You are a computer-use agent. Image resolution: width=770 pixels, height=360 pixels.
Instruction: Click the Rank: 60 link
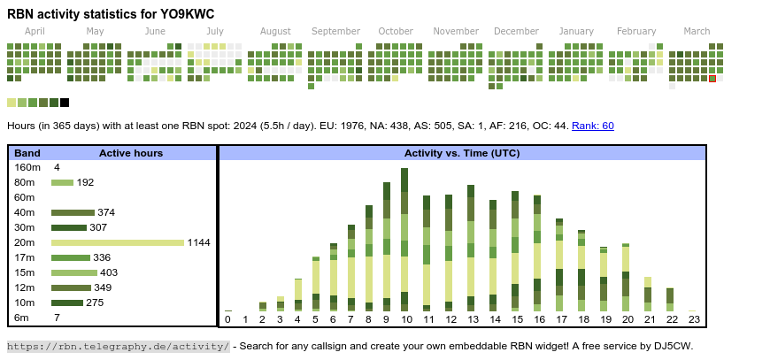pos(593,126)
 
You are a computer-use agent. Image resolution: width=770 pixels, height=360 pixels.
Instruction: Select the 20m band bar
pos(117,242)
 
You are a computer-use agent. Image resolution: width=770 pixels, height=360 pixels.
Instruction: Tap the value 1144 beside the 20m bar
pos(198,242)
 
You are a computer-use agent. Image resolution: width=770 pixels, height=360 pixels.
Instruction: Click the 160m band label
pos(27,167)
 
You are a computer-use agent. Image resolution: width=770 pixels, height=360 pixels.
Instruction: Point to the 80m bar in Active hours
pos(62,182)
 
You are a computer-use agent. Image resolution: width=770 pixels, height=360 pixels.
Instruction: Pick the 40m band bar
pos(73,212)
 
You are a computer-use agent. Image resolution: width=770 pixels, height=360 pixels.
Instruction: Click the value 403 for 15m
pos(109,272)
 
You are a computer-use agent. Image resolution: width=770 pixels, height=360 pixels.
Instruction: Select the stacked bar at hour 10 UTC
pos(405,239)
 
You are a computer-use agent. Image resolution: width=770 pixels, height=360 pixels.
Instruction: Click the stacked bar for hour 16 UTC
pos(538,251)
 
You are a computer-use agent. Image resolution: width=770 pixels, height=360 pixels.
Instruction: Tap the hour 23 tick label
pos(694,319)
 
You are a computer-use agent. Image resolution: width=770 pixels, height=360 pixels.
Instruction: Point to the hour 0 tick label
pos(227,319)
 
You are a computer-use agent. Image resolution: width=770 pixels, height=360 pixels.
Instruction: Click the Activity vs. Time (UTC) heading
pos(462,153)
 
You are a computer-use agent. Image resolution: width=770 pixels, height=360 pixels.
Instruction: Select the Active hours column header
pos(131,153)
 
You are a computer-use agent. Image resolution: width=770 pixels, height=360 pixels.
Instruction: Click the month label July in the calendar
pos(214,31)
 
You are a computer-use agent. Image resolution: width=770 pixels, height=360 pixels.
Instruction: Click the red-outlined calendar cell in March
pos(712,79)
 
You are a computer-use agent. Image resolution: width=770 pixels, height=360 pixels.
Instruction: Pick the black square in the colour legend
pos(65,103)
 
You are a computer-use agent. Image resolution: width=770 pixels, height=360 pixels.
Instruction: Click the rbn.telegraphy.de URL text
pos(119,346)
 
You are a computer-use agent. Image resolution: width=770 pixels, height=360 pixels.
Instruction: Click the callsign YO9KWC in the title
pos(184,14)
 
